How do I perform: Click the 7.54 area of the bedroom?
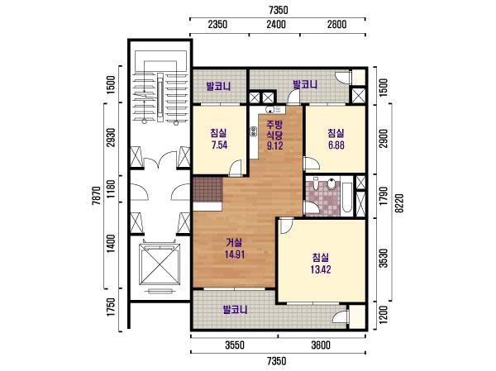coord(219,145)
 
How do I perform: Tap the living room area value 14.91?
coord(235,254)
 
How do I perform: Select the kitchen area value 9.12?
coord(274,145)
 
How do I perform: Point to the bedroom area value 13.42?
coord(321,269)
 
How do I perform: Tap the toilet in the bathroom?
coord(331,184)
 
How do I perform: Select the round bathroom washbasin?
coord(316,183)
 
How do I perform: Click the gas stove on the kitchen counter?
coord(253,131)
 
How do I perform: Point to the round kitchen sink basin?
coord(269,110)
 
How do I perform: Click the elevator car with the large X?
coord(160,264)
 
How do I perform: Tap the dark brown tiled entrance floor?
coord(207,189)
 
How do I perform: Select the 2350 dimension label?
coord(218,24)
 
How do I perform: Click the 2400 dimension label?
coord(276,24)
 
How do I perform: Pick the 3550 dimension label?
coord(235,345)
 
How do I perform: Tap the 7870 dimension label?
coord(96,196)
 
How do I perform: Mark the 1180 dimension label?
coord(111,189)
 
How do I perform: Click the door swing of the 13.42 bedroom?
coord(286,226)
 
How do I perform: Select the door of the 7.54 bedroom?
coord(236,168)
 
